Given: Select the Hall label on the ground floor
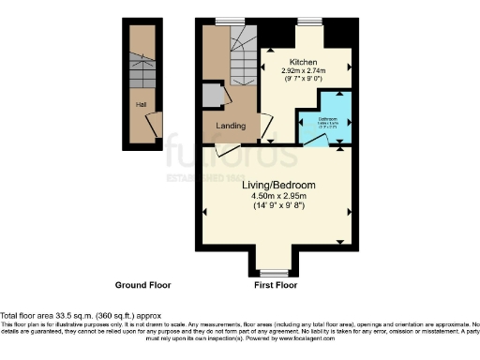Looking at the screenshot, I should [141, 105].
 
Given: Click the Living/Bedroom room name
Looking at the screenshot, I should [279, 186].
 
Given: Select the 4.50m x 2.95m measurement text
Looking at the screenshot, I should [279, 196].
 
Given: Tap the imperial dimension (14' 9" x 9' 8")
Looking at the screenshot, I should [279, 206].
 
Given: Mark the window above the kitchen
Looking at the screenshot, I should [309, 22].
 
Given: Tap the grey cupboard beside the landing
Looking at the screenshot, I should [213, 97].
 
